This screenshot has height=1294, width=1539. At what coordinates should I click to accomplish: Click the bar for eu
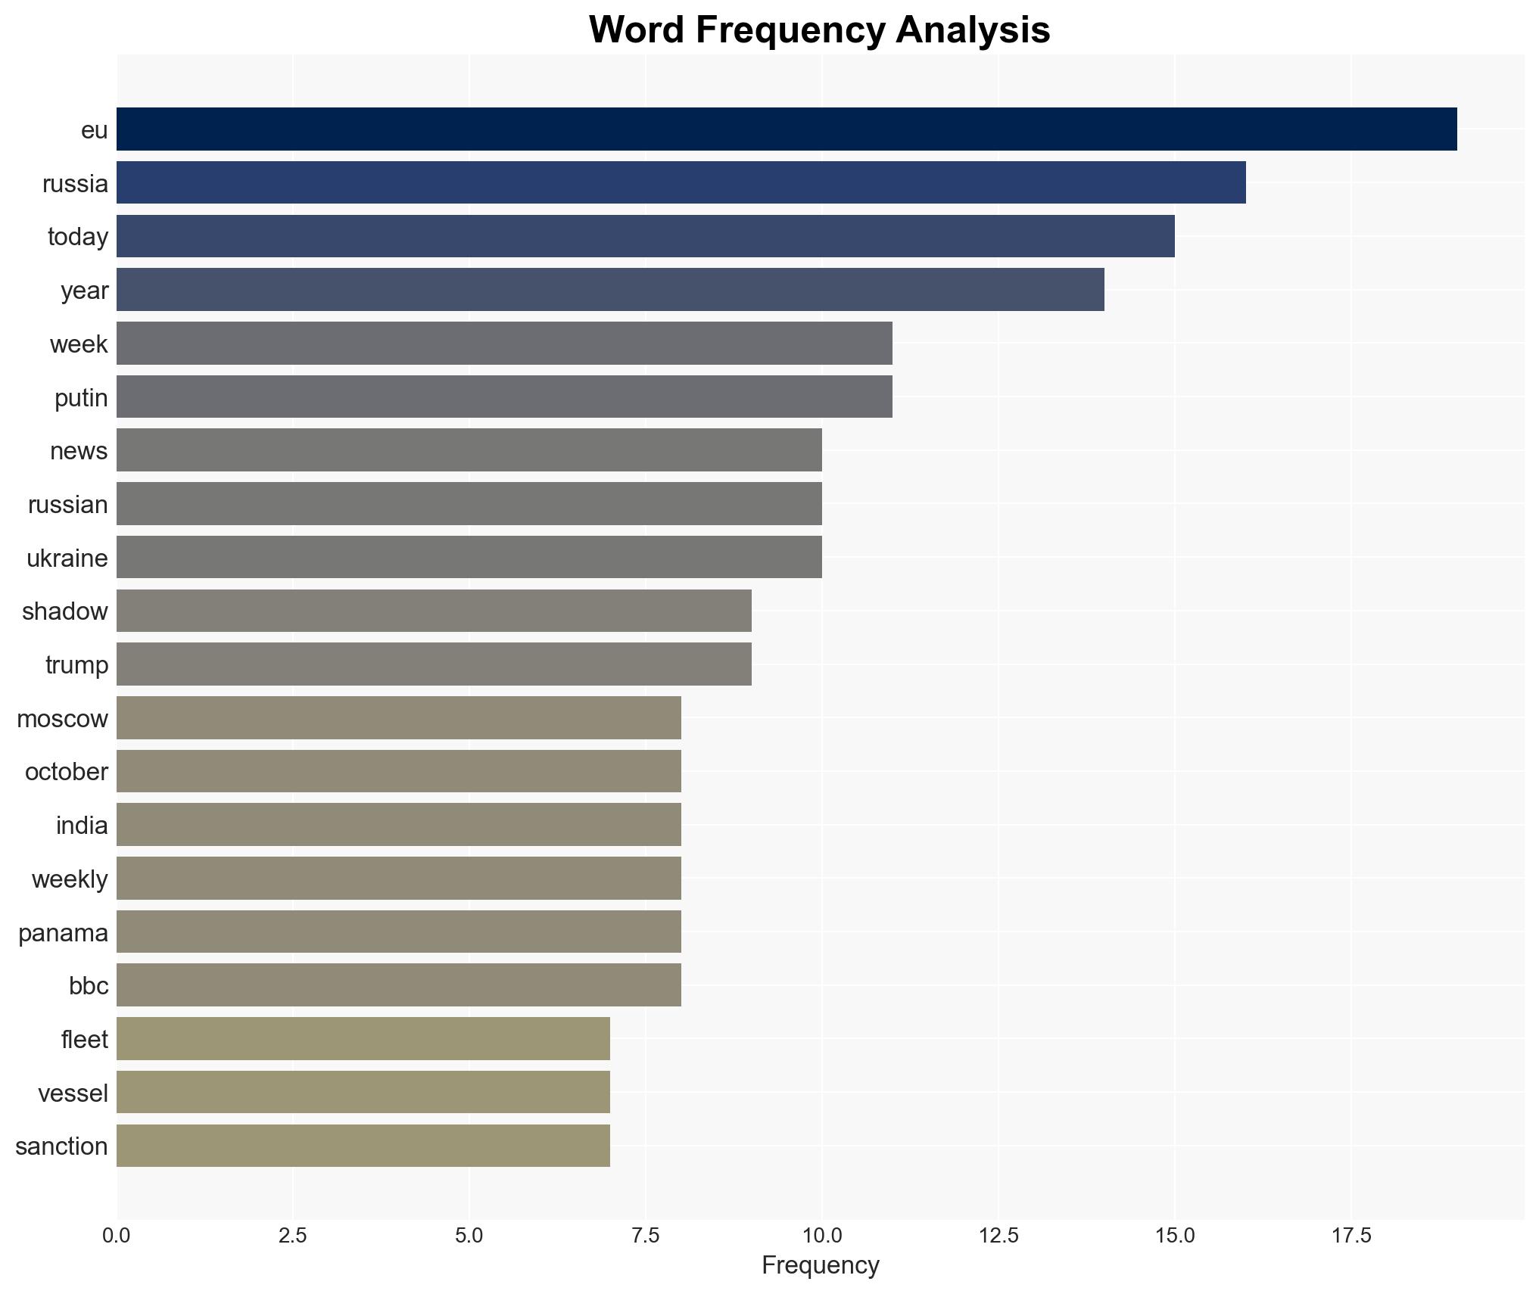[x=786, y=129]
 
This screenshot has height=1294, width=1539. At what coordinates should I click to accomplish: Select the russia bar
[x=681, y=183]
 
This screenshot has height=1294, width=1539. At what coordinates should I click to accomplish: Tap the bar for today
[x=645, y=236]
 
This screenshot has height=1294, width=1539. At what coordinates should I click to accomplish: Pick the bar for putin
[x=504, y=397]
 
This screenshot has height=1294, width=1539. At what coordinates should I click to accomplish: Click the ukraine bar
[x=469, y=557]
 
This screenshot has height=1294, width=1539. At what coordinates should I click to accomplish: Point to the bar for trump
[x=434, y=664]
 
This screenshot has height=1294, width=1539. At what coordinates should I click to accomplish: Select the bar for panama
[x=398, y=932]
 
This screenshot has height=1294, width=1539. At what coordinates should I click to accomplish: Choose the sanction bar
[x=363, y=1146]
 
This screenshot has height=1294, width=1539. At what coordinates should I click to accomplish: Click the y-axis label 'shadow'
[x=65, y=611]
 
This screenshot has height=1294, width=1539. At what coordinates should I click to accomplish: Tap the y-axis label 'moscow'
[x=62, y=719]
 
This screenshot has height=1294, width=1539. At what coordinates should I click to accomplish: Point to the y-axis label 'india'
[x=82, y=826]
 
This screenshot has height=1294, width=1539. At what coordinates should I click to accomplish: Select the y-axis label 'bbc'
[x=89, y=986]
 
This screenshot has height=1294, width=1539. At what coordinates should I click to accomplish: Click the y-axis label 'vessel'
[x=73, y=1093]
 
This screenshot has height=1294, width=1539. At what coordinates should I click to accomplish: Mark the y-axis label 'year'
[x=84, y=291]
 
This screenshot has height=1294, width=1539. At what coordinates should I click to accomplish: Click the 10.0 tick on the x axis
[x=821, y=1236]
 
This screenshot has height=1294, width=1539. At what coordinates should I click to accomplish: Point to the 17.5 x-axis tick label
[x=1351, y=1236]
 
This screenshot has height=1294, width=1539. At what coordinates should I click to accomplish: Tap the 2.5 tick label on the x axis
[x=292, y=1236]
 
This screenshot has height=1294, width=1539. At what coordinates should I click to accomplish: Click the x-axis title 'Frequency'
[x=820, y=1265]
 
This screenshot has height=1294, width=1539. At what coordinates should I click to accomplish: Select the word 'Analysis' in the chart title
[x=972, y=30]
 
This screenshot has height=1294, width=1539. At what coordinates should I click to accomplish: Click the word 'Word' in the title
[x=637, y=30]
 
